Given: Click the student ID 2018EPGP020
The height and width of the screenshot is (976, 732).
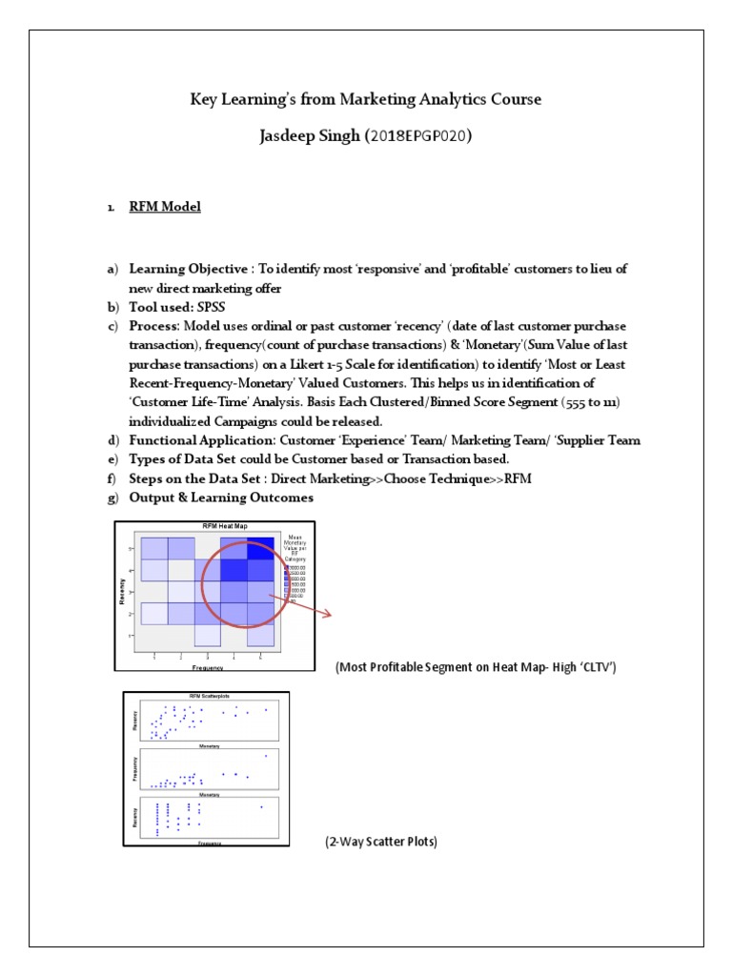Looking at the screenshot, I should tap(420, 136).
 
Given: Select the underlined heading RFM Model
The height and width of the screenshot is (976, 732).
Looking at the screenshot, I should tap(165, 206).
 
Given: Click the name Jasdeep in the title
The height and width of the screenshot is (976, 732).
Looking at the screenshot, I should tap(294, 136).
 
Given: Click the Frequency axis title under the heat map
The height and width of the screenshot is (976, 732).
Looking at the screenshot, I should tap(207, 668).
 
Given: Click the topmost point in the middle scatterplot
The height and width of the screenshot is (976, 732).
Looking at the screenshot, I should tap(266, 756).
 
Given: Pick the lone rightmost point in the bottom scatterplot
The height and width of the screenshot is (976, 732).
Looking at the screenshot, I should tap(260, 807).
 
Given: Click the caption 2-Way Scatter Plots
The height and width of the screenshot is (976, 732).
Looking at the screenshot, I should tap(380, 843).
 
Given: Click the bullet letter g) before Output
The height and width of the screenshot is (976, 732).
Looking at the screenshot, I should tap(112, 498).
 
